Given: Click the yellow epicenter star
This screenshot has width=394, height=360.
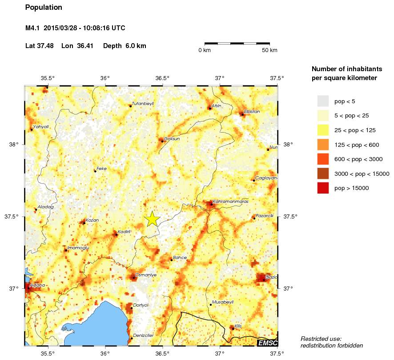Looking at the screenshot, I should (x=152, y=218).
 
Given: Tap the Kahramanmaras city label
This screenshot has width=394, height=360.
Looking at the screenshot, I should (x=230, y=202).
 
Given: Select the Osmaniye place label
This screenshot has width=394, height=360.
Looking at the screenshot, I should (x=146, y=275).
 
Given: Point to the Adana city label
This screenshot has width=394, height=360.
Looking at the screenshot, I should (x=37, y=285).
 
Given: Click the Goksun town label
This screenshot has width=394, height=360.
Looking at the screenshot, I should (x=172, y=139).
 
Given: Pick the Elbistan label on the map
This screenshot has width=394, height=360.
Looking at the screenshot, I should (x=252, y=112).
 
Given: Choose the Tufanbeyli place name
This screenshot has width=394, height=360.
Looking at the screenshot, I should (x=143, y=104).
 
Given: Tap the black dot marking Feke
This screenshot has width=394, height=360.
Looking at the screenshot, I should (x=95, y=171).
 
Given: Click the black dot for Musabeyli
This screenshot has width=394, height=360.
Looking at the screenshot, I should (x=210, y=305).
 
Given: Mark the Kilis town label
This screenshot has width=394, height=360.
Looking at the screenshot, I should (x=238, y=326).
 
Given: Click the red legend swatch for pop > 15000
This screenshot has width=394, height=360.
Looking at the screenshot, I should (x=323, y=188).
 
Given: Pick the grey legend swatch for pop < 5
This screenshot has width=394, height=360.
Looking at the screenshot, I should (x=323, y=101).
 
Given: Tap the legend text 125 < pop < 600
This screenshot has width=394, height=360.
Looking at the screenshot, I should (x=355, y=145).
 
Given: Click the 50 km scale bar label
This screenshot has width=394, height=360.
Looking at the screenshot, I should (x=269, y=50).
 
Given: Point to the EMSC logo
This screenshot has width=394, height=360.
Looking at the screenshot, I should (x=267, y=343).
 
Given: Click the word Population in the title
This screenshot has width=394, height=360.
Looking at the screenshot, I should (x=44, y=8).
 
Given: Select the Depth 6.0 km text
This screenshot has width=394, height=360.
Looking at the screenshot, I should (x=125, y=46).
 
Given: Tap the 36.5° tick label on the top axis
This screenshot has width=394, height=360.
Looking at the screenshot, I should (x=163, y=78).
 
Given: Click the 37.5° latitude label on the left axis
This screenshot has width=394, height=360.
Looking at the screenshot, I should (x=15, y=217).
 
